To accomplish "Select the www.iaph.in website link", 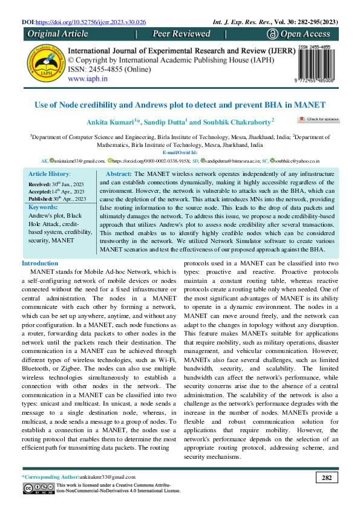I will (88, 79).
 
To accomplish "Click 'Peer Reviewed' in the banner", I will (181, 34).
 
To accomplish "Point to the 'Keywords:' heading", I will (43, 207).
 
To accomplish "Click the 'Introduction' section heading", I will (40, 264).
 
